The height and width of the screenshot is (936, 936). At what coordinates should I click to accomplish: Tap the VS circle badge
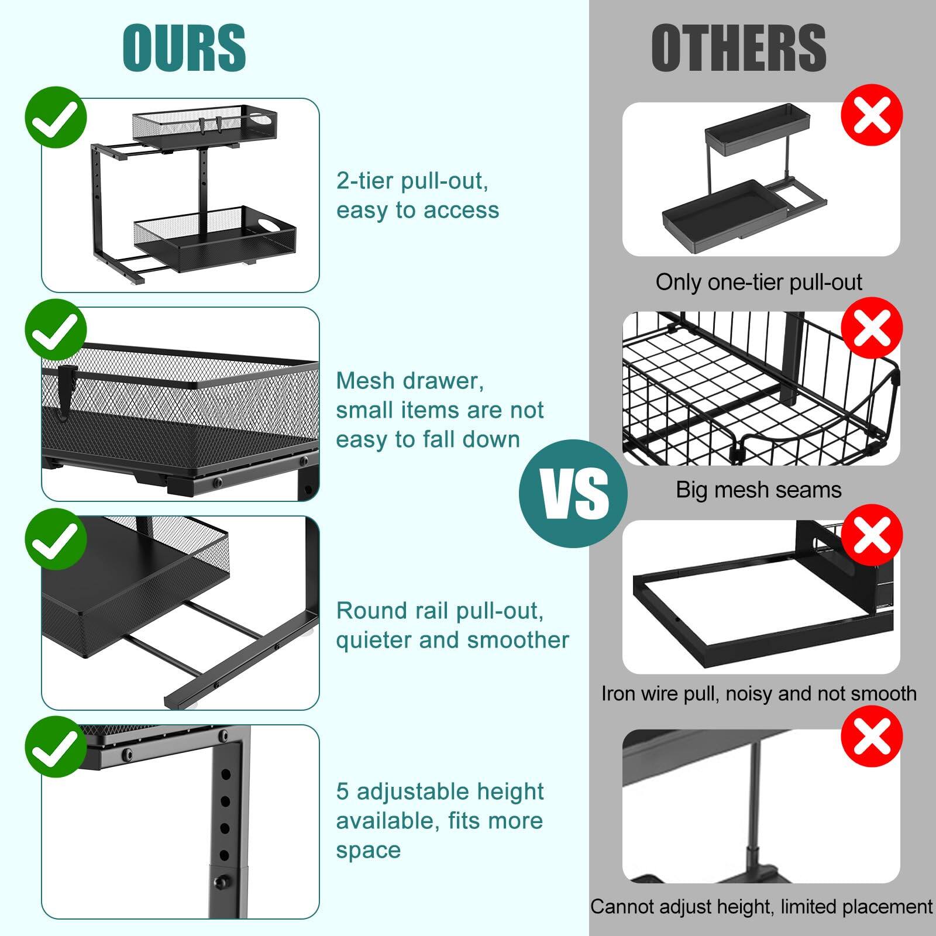573,494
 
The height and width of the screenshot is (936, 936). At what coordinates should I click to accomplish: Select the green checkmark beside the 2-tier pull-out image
56,118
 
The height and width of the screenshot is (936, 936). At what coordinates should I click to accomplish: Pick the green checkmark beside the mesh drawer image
56,330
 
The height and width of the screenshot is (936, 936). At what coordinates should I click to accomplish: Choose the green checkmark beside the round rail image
56,539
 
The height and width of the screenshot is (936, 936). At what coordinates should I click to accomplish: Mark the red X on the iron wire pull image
872,535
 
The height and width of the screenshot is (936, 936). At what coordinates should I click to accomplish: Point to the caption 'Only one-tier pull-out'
759,283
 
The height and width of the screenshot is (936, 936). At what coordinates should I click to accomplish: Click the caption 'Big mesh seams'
759,490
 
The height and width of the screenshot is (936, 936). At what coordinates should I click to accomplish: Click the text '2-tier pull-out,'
412,181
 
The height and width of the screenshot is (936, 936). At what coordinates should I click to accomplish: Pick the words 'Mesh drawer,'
410,381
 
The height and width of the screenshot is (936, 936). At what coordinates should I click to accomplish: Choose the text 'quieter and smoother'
452,640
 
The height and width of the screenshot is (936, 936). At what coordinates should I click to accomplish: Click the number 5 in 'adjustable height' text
343,792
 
